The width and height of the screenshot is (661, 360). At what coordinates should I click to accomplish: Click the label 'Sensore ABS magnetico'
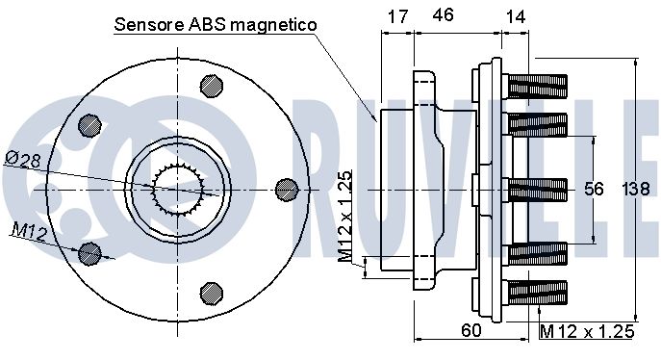216,24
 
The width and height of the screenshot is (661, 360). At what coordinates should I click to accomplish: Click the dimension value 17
397,16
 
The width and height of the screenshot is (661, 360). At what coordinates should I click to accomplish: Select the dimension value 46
443,14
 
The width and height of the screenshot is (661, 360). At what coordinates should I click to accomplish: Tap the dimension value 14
515,17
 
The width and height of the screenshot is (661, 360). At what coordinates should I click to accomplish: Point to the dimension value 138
636,189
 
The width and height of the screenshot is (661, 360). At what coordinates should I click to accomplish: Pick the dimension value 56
594,189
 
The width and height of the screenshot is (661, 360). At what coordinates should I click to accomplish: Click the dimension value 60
470,330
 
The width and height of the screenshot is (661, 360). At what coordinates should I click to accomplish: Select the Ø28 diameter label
23,160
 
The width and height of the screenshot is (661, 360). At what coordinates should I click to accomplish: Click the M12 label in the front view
29,231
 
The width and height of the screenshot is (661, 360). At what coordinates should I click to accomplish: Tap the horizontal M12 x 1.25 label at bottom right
587,331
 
